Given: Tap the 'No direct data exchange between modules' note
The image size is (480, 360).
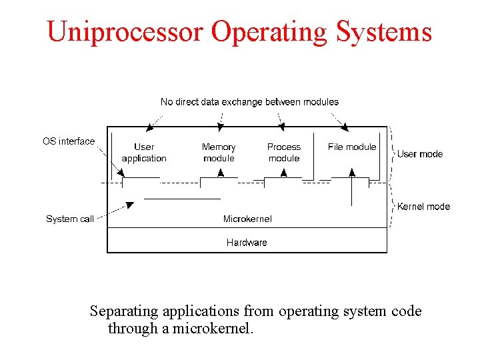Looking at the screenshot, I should click(249, 102).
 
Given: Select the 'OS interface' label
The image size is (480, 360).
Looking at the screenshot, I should click(69, 141).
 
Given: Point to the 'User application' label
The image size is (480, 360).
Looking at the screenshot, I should click(144, 153).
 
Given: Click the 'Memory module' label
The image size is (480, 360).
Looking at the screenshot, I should click(219, 153).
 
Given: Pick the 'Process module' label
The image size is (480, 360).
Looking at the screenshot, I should click(284, 153).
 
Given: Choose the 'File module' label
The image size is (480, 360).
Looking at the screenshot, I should click(352, 147).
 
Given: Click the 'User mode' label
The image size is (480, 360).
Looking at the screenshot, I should click(420, 154).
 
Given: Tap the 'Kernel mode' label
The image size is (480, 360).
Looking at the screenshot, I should click(423, 207).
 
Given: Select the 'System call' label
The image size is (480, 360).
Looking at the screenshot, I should click(70, 219).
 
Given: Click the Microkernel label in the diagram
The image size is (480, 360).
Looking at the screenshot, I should click(247, 219).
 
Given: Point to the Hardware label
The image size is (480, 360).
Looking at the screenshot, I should click(247, 243).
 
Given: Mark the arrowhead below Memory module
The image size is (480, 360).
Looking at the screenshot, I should click(219, 173).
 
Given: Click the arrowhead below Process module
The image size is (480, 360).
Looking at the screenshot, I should click(284, 173).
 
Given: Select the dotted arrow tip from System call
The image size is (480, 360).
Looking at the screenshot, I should click(131, 204).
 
